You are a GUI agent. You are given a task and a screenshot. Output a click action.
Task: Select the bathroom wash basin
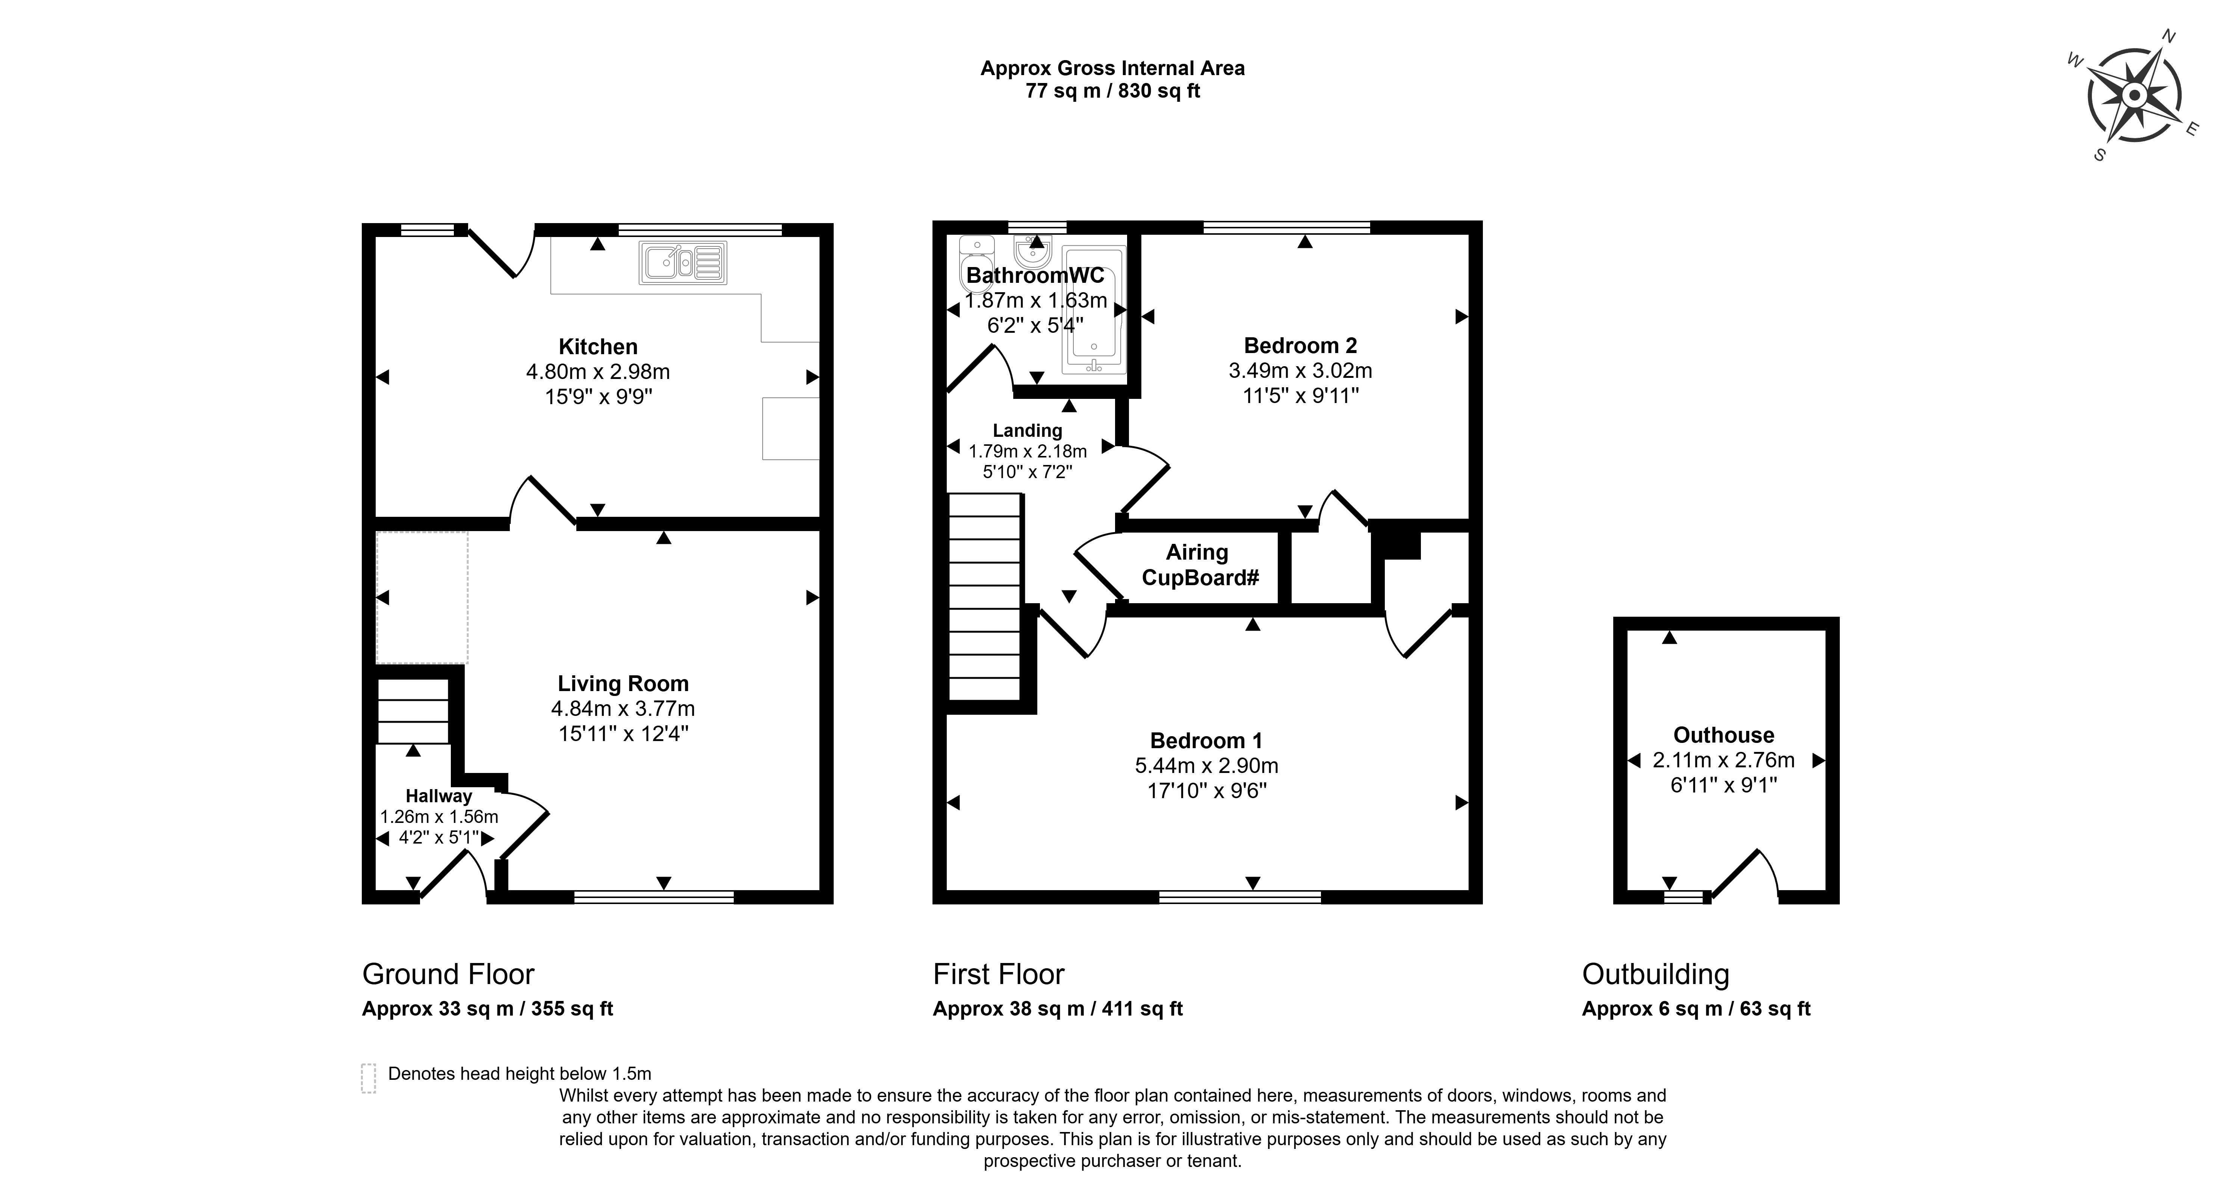[x=1033, y=251]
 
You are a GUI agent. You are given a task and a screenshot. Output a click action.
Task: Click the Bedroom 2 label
[x=1301, y=346]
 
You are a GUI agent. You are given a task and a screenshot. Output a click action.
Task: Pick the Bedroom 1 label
[x=1206, y=740]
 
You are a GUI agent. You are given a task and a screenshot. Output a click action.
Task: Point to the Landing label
[x=1028, y=430]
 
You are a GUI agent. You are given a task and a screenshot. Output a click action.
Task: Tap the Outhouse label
[x=1724, y=735]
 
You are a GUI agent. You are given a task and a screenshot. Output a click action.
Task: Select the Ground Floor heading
[x=449, y=975]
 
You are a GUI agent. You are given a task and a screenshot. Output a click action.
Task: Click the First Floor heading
[x=999, y=975]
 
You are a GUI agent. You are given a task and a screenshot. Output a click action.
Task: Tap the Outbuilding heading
[x=1656, y=975]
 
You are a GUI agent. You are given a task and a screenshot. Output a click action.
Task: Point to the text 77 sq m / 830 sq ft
[x=1113, y=91]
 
